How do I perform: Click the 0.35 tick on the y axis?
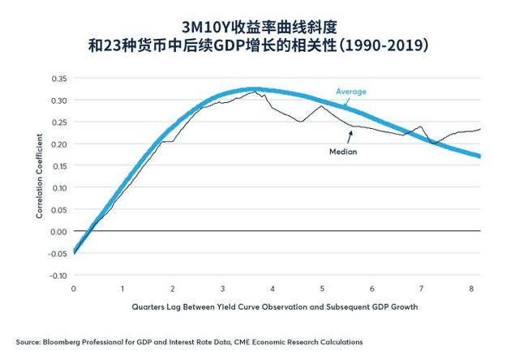point(60,79)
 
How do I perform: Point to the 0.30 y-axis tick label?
point(60,101)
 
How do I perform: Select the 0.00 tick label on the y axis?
point(60,231)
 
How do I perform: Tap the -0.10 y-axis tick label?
point(58,276)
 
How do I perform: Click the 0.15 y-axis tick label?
point(60,166)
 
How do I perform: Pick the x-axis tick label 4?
point(273,289)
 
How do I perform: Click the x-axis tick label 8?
point(472,289)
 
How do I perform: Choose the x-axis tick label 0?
point(74,289)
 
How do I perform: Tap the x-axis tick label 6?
point(372,289)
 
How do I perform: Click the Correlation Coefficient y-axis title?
point(38,178)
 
